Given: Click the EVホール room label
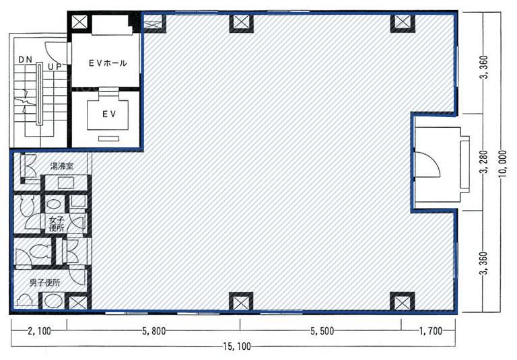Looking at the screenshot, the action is (x=108, y=63).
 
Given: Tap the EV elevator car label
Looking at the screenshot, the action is (x=109, y=114).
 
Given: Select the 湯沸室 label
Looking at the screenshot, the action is (x=62, y=166).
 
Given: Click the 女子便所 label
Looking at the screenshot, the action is (x=57, y=223).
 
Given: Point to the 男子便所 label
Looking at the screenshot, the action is (x=45, y=283).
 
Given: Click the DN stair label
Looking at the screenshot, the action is (x=25, y=60).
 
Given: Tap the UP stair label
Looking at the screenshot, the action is (x=55, y=67).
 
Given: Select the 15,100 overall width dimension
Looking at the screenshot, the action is (x=236, y=347).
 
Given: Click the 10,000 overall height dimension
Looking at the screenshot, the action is (x=503, y=164).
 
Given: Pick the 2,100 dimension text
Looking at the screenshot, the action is (x=40, y=330).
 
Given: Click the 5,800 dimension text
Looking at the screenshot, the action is (x=154, y=330).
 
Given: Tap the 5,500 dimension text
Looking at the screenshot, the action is (x=322, y=330).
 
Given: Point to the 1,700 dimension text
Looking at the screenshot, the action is (x=431, y=330).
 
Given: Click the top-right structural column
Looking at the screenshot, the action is (x=403, y=23).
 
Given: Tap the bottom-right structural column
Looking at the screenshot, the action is (x=403, y=301).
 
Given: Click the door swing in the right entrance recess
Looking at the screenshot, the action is (x=427, y=164).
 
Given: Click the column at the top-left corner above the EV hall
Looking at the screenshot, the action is (x=79, y=22).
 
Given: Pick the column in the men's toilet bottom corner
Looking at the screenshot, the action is (x=78, y=302).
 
